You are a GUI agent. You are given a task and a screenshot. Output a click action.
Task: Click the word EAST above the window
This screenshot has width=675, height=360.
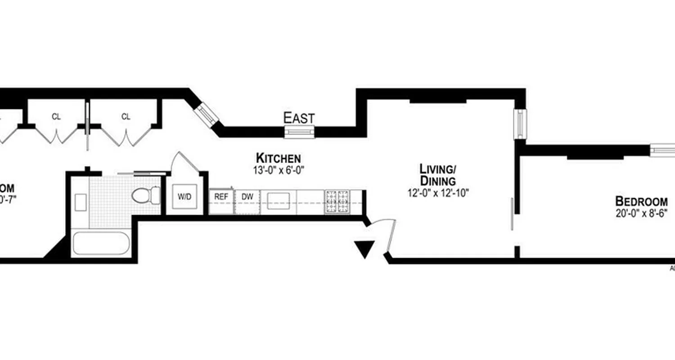tap(299, 118)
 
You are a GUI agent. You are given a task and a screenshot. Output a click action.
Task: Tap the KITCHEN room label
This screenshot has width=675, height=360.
tap(278, 158)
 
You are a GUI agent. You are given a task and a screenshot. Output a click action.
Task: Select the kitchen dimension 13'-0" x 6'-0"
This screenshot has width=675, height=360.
tap(278, 170)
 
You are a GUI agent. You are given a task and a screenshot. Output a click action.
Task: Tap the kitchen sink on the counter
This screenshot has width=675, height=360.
tap(278, 201)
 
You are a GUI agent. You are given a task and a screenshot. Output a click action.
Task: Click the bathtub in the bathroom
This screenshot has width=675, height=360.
tap(101, 243)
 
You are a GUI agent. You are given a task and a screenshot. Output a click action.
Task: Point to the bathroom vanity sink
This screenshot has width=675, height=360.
tap(81, 202)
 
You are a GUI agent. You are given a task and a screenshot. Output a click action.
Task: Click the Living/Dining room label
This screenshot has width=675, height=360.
tap(437, 175)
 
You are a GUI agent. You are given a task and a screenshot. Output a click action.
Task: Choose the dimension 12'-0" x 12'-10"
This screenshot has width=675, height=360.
tap(437, 193)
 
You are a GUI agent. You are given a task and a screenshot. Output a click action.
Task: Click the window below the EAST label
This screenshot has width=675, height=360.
tap(299, 132)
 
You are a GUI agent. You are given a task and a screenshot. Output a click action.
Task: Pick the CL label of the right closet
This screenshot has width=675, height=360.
tap(126, 117)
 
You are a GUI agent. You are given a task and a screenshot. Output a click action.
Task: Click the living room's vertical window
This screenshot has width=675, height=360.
tap(520, 124)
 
